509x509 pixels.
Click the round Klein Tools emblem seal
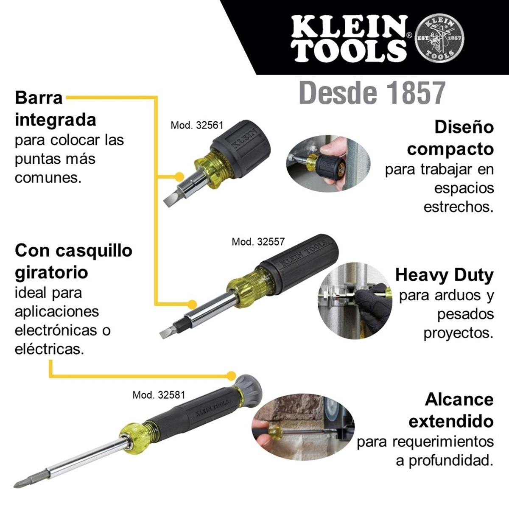(x=440, y=38)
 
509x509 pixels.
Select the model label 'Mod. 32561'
(x=197, y=125)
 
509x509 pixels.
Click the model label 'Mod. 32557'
(x=258, y=241)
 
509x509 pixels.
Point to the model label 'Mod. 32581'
(x=159, y=395)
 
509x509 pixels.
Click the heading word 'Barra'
(x=39, y=98)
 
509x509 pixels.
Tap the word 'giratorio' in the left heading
(x=51, y=273)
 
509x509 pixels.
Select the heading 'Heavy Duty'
(x=444, y=276)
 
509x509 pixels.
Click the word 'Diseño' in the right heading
(x=464, y=127)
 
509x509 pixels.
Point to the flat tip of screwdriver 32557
(x=165, y=333)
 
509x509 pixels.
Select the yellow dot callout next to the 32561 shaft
(x=179, y=176)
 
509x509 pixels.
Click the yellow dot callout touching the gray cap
(x=232, y=375)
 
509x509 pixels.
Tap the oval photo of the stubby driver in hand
(x=328, y=163)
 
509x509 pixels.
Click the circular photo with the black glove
(x=355, y=301)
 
